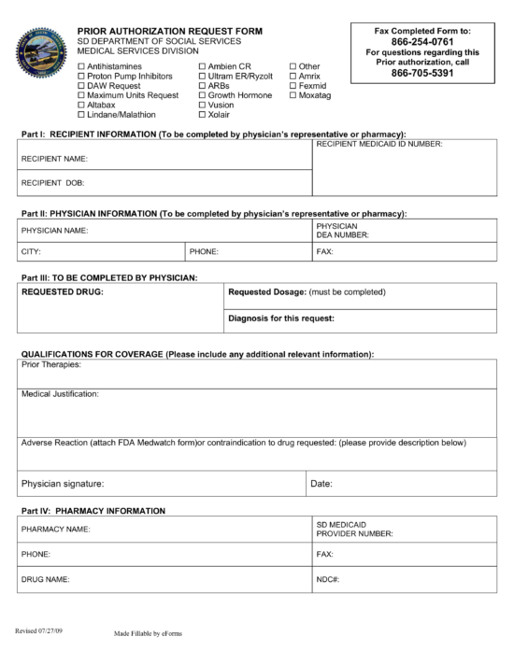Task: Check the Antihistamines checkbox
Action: (x=80, y=67)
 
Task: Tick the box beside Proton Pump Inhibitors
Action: (x=80, y=77)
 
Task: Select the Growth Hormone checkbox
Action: (x=201, y=95)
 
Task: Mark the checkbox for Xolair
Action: (x=201, y=114)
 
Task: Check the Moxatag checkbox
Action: (x=293, y=95)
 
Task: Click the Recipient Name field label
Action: (x=53, y=159)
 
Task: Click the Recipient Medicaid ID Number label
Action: (x=379, y=145)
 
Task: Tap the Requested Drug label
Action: (x=62, y=292)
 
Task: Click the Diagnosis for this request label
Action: (x=281, y=318)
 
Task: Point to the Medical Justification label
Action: (x=60, y=393)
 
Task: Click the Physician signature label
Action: (x=63, y=483)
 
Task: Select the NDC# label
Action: (x=327, y=580)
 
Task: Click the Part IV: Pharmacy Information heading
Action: (x=93, y=511)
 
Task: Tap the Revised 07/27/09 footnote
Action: (x=40, y=631)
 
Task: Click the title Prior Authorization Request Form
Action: (x=169, y=31)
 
